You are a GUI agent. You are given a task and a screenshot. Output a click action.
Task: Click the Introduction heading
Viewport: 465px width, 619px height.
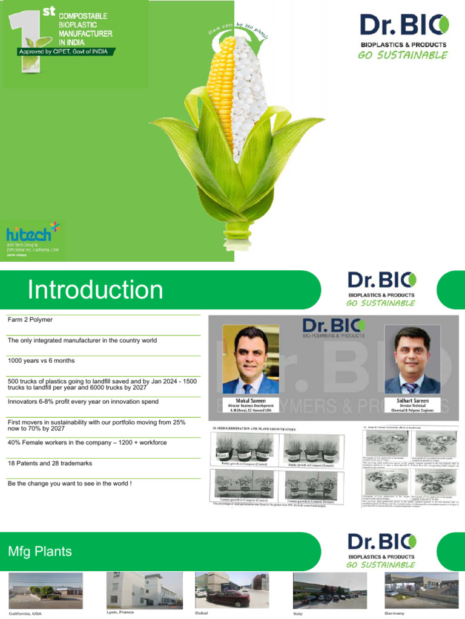95,290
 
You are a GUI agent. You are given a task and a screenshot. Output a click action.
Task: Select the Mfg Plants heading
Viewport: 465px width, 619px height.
40,551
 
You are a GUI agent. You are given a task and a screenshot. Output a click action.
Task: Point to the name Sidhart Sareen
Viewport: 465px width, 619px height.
412,400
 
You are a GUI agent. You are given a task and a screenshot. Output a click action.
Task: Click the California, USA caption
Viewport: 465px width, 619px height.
25,614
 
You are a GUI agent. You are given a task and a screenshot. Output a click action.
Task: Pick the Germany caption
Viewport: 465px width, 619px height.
394,612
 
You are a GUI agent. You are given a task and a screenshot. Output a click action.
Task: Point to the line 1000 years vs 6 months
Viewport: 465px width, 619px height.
41,361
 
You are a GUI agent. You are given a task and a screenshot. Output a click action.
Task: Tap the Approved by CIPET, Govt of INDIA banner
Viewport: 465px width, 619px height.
63,51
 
